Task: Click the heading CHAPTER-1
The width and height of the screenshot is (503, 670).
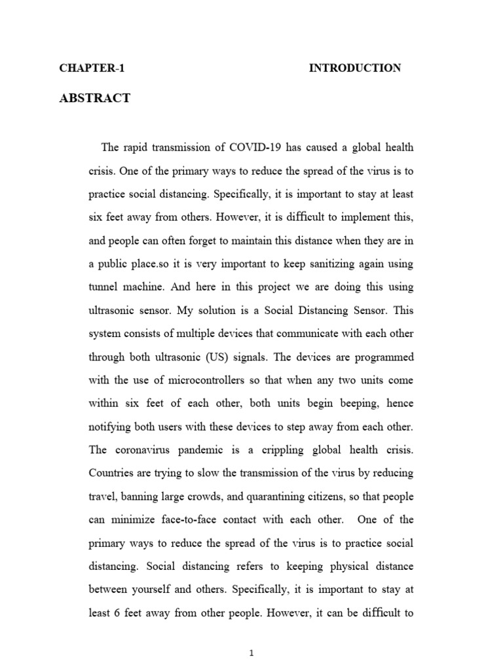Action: pos(92,68)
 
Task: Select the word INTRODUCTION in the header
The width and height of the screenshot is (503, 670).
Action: pos(355,68)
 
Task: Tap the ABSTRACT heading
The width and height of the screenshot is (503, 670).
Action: pos(95,99)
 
